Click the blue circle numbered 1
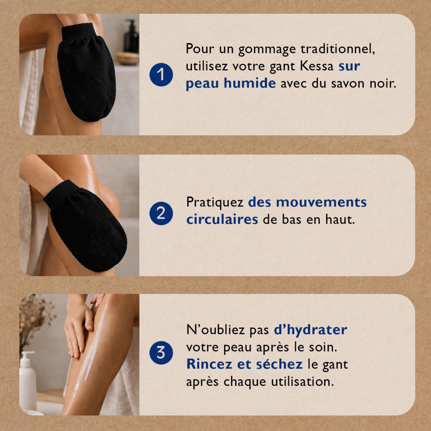(x=161, y=75)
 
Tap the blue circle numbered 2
(x=161, y=214)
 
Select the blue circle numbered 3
(x=161, y=353)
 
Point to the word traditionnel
(x=338, y=49)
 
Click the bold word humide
(x=250, y=83)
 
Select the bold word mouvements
(x=321, y=202)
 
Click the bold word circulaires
(x=222, y=219)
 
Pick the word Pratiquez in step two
(x=215, y=202)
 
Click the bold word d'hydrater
(x=311, y=330)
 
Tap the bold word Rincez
(x=209, y=364)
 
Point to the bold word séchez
(x=279, y=364)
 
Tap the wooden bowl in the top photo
(x=128, y=58)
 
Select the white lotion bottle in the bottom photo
(x=28, y=381)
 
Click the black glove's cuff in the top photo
(x=79, y=33)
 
